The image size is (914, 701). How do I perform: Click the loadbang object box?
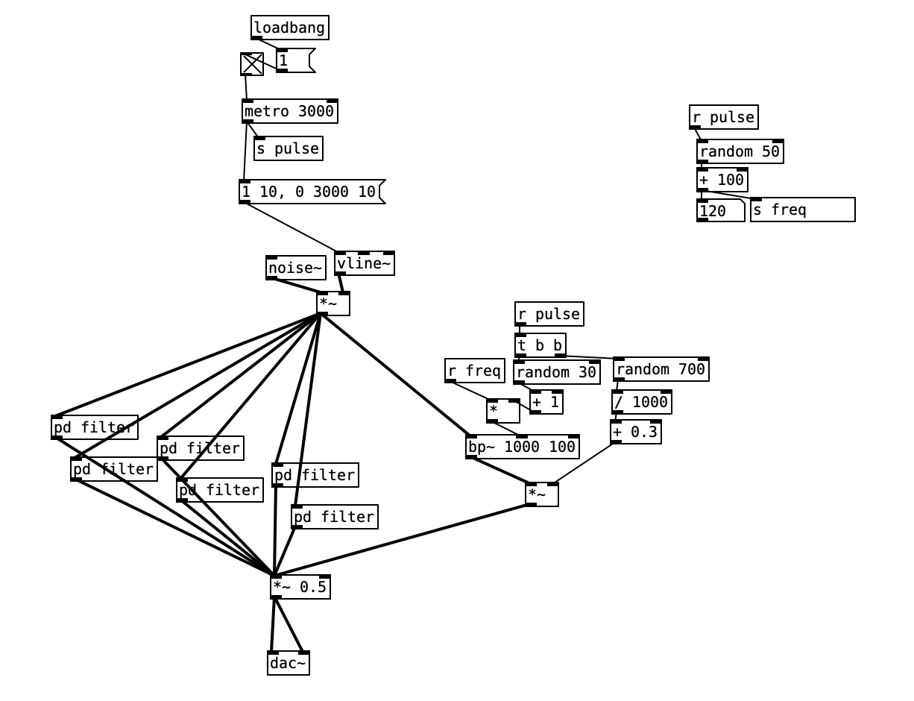[x=289, y=28]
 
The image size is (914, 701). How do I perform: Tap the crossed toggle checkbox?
[x=252, y=64]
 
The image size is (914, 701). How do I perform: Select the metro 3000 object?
[x=289, y=111]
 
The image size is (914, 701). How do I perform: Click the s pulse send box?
[x=288, y=148]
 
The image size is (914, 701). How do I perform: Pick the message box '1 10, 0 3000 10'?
[x=309, y=192]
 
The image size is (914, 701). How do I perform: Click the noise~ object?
[x=295, y=268]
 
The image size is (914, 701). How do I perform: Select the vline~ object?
[x=364, y=263]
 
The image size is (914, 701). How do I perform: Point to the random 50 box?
[x=740, y=151]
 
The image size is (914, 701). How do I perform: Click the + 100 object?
[x=722, y=180]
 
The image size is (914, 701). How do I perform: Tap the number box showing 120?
[x=719, y=210]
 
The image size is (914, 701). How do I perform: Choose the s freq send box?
[x=802, y=210]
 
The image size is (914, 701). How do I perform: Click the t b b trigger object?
[x=540, y=345]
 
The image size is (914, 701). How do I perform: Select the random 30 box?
[x=556, y=372]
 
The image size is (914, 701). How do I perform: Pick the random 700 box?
[x=661, y=369]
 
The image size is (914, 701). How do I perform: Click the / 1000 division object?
[x=641, y=402]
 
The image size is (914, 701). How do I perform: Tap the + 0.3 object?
[x=635, y=432]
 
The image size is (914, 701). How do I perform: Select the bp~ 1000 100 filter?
[x=522, y=447]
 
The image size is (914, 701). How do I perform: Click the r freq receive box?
[x=475, y=370]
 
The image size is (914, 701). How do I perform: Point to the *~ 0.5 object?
[x=300, y=587]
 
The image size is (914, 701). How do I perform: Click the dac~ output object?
[x=288, y=663]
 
